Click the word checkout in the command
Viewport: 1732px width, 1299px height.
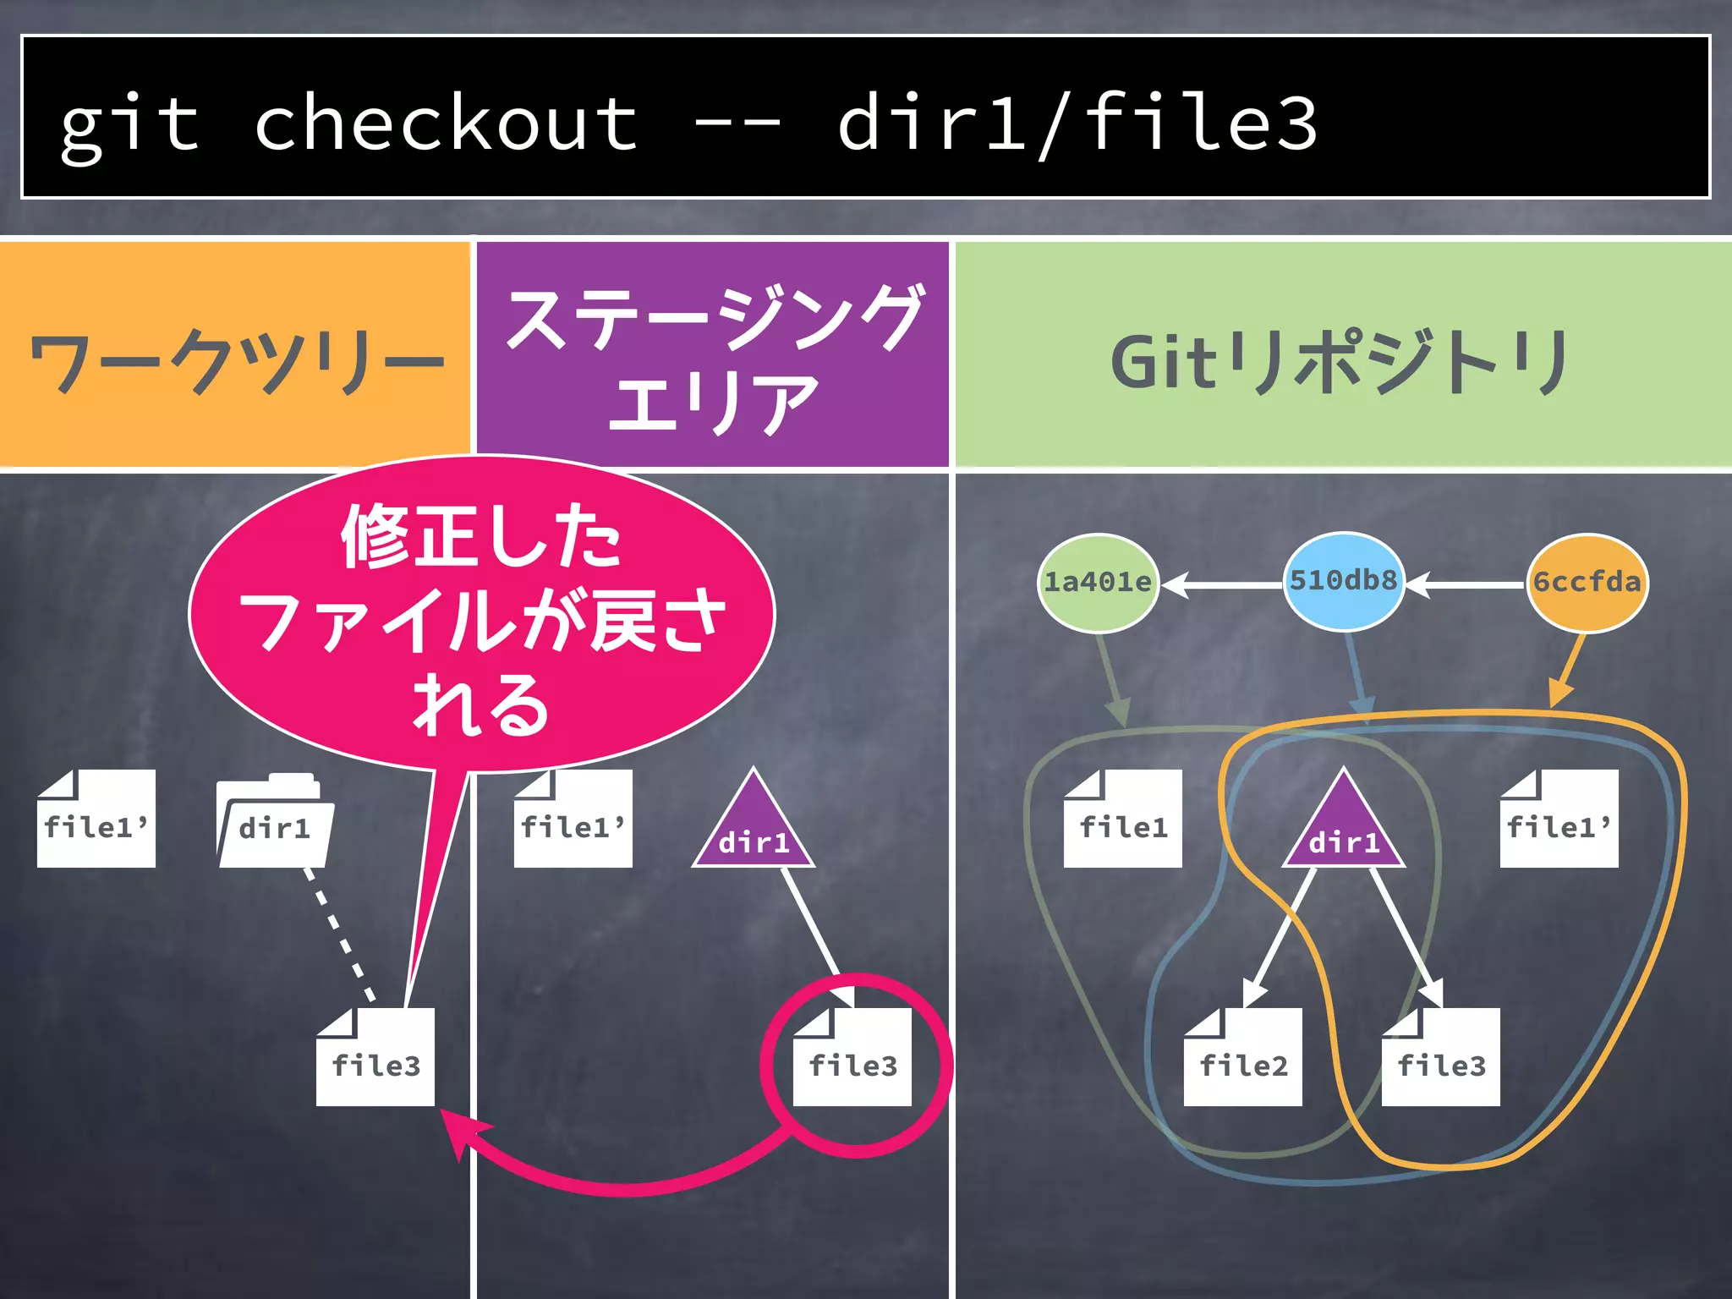click(446, 123)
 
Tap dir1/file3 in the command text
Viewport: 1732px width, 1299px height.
click(1076, 123)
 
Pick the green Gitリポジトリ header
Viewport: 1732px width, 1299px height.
click(1343, 359)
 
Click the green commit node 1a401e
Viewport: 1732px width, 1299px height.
click(1098, 582)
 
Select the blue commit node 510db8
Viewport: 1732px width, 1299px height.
click(1343, 580)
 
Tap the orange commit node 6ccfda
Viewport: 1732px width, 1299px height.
click(1587, 582)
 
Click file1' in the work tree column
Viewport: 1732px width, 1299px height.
click(96, 819)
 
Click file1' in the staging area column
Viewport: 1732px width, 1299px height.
click(573, 819)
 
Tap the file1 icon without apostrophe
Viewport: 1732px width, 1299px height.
click(1123, 819)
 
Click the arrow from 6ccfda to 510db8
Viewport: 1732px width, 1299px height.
click(1467, 584)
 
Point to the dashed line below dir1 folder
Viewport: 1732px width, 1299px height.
click(341, 935)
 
